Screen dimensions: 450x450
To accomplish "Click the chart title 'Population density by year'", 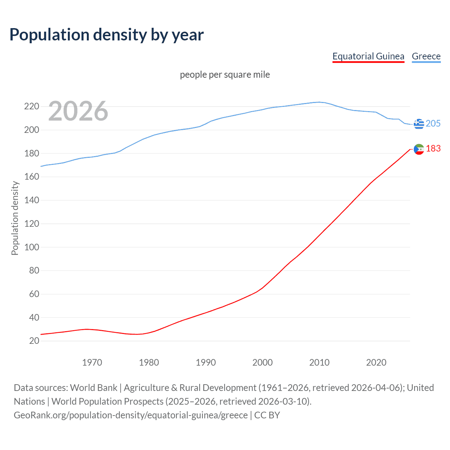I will click(107, 35).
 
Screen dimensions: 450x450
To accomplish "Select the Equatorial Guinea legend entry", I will click(368, 56).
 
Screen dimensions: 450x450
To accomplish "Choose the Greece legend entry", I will click(426, 56).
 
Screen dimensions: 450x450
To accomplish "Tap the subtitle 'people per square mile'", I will click(225, 75).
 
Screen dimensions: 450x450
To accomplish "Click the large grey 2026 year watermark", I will click(78, 111).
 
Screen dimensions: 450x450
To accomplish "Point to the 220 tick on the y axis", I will click(31, 106).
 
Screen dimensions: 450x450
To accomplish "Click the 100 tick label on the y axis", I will click(31, 247).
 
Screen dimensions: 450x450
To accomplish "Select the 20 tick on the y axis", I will click(34, 341).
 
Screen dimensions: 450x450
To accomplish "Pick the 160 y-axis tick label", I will click(31, 176).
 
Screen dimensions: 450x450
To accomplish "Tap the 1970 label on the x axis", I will click(92, 362).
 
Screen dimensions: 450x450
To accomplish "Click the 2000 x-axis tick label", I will click(262, 362).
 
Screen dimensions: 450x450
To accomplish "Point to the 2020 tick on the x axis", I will click(376, 362).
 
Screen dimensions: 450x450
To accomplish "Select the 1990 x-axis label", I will click(206, 362).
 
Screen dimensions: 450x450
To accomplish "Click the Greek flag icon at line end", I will click(419, 124).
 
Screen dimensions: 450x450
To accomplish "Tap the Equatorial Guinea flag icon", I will click(419, 149).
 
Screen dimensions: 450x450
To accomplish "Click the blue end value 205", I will click(433, 123).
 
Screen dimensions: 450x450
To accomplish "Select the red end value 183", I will click(433, 149).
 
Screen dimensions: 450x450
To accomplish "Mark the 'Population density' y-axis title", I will click(15, 218).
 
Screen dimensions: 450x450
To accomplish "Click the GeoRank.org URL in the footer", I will click(131, 415).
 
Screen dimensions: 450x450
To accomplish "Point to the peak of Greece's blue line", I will click(319, 102).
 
